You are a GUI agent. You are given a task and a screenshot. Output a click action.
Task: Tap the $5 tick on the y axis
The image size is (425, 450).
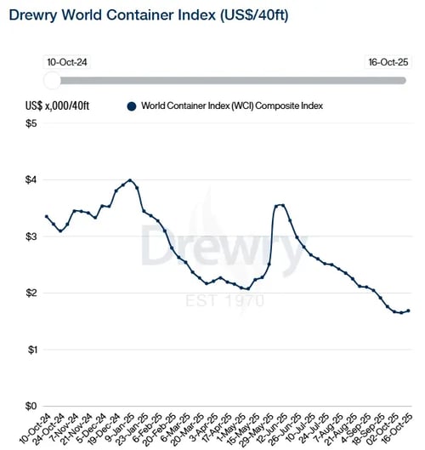[x=31, y=124]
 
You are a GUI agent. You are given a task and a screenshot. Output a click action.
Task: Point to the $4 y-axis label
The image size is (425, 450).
[x=31, y=180]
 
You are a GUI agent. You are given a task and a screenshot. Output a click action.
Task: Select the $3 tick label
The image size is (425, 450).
[x=31, y=236]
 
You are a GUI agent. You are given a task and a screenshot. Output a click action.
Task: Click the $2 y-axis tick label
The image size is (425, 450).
[x=31, y=293]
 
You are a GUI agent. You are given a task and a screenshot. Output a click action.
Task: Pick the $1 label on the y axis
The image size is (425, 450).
[x=31, y=350]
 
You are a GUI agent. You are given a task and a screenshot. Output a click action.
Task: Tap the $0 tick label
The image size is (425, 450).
[x=31, y=406]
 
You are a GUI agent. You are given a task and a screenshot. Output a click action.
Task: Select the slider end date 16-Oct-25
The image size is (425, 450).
[x=387, y=63]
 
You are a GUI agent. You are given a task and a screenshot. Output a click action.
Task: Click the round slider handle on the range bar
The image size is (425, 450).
[x=53, y=79]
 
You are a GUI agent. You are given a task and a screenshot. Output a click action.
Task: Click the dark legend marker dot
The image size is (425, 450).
[x=131, y=105]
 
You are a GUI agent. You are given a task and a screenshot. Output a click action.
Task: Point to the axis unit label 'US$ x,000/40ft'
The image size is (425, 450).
[x=58, y=105]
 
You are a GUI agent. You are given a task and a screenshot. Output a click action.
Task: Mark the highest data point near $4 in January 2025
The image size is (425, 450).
[x=129, y=180]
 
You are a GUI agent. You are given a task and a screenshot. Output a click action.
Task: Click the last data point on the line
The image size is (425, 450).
[x=408, y=310]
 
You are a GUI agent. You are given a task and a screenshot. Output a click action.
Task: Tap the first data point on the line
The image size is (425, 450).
[x=46, y=216]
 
